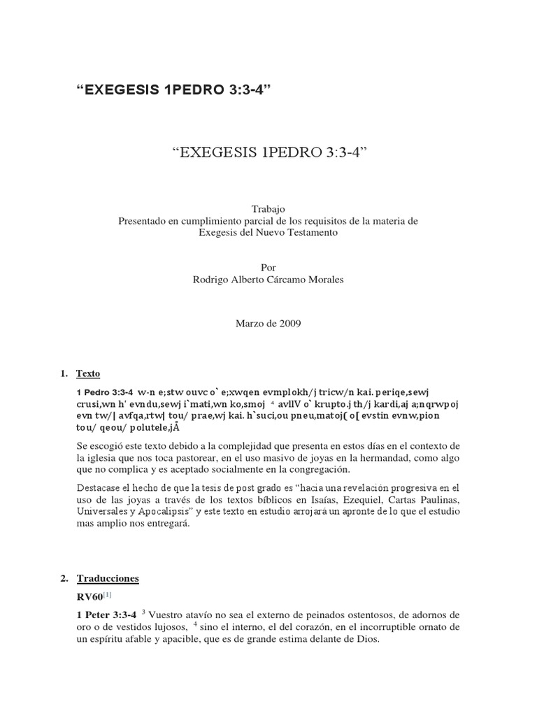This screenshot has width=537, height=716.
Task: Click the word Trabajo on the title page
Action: [268, 208]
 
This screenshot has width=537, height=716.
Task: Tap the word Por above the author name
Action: [268, 267]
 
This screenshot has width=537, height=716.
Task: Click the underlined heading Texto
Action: [88, 374]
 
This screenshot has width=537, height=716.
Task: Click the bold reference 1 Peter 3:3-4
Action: [106, 614]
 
